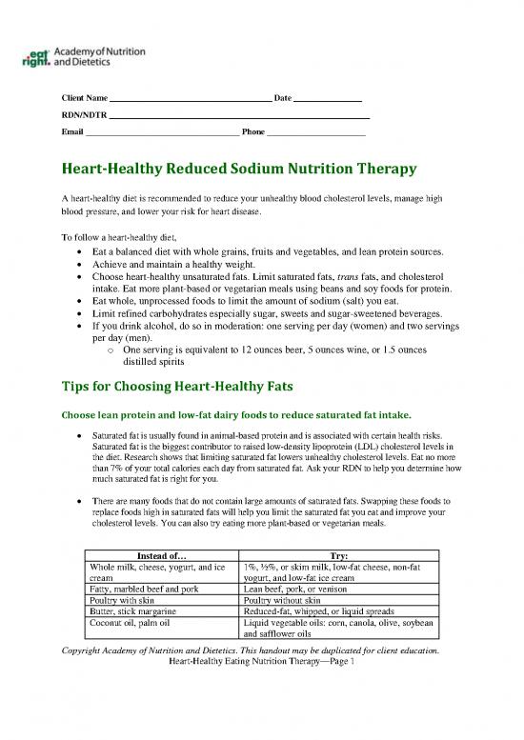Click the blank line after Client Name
point(191,100)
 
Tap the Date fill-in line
point(327,100)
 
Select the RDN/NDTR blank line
point(238,115)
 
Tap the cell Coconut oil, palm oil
point(128,624)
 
